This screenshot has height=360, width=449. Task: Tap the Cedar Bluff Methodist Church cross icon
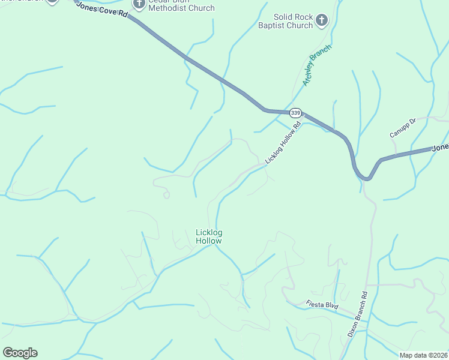(x=139, y=5)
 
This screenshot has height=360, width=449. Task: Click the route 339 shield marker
(x=295, y=112)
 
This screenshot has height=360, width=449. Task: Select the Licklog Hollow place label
(x=209, y=236)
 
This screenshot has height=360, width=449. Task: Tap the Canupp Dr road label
(x=402, y=127)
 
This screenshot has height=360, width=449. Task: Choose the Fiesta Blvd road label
(x=322, y=305)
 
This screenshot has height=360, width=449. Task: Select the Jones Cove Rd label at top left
(x=103, y=10)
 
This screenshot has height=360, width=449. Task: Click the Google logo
(x=20, y=353)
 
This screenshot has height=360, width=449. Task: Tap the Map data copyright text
(x=423, y=355)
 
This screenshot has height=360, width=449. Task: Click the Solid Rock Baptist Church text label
(x=294, y=22)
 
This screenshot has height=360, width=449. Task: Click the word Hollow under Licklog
(x=209, y=241)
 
